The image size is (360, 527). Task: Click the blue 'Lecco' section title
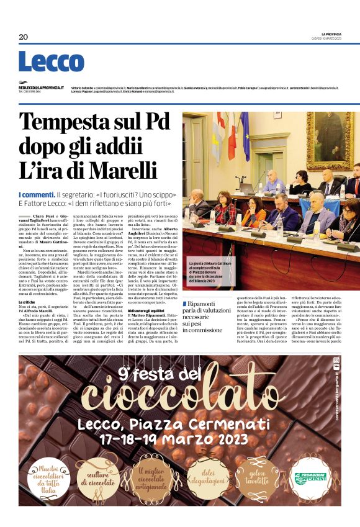click(x=51, y=61)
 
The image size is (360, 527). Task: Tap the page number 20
click(x=24, y=37)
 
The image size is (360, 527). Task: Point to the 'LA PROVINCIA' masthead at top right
click(x=331, y=34)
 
